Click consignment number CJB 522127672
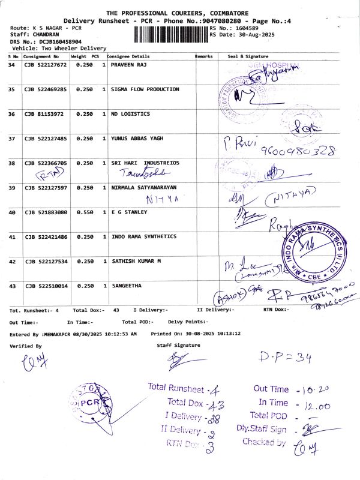tap(45, 64)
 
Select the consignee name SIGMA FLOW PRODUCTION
tap(145, 89)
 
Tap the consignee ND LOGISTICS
tap(131, 114)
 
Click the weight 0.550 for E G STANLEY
tap(82, 212)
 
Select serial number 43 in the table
tap(12, 286)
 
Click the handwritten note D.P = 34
tap(286, 358)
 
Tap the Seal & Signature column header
tap(247, 56)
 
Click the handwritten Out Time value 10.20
tap(316, 390)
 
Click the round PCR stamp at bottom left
tap(89, 403)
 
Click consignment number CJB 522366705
tap(45, 163)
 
